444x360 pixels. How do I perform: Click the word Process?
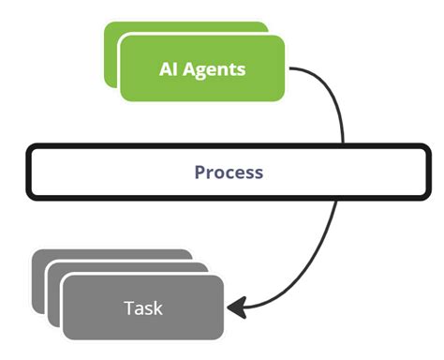click(229, 172)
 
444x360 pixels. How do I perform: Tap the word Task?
click(142, 307)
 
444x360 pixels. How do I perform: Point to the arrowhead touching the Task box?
click(236, 307)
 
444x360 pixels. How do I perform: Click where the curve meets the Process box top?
click(344, 145)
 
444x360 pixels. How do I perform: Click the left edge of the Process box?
click(27, 172)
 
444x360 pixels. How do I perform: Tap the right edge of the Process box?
click(429, 172)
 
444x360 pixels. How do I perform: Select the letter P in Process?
click(200, 172)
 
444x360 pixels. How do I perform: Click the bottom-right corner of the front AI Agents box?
click(283, 97)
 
